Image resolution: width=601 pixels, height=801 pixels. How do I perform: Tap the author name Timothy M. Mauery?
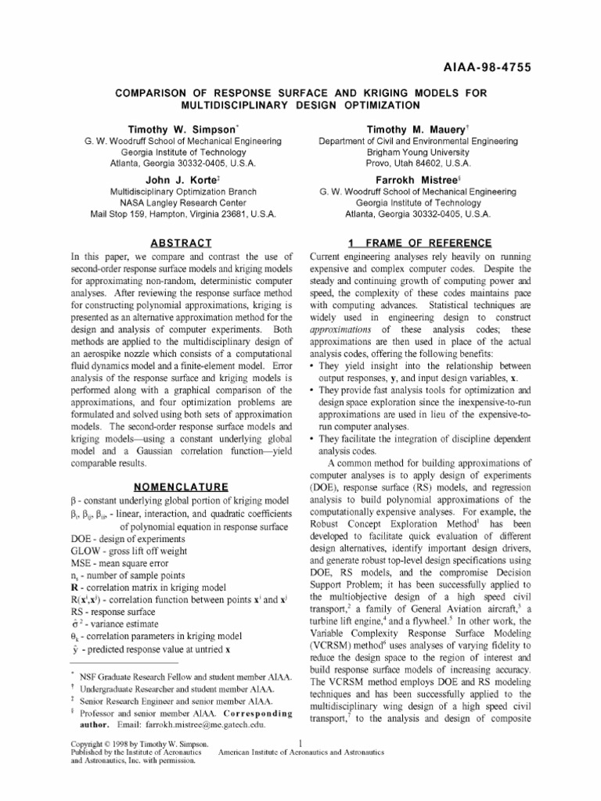pos(416,128)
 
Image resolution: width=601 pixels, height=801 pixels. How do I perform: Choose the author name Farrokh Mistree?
pos(416,178)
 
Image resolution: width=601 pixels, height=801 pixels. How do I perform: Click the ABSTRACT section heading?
pos(180,243)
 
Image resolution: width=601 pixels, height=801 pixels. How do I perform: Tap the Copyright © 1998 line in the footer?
pos(140,743)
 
